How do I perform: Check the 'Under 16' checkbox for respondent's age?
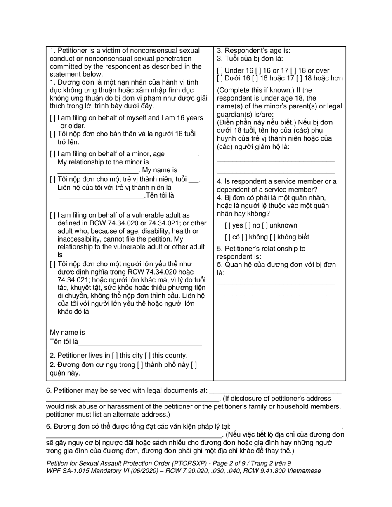click(x=220, y=70)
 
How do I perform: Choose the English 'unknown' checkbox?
click(x=264, y=225)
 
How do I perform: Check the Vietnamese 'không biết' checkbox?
click(x=272, y=237)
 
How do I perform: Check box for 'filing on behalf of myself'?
click(x=52, y=118)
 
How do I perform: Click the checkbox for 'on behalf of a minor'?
click(x=52, y=154)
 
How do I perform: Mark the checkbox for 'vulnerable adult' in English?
click(x=52, y=215)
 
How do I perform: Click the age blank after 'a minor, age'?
click(x=181, y=155)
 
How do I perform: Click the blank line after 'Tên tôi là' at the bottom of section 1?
click(x=140, y=342)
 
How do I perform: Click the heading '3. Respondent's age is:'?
click(x=254, y=51)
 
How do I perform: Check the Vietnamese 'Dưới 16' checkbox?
click(x=220, y=78)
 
